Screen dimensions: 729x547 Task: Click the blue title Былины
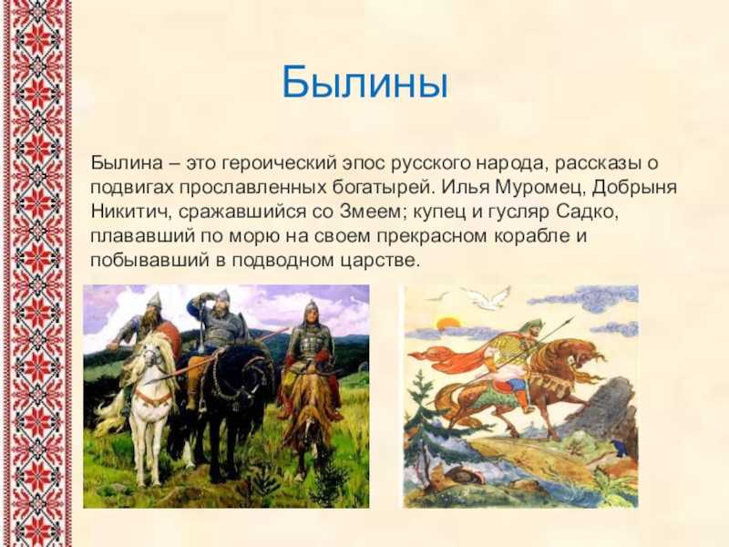click(x=365, y=83)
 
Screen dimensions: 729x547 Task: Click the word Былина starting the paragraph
click(x=127, y=163)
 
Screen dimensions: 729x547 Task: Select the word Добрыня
click(x=634, y=188)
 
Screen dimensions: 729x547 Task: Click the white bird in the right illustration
click(x=488, y=298)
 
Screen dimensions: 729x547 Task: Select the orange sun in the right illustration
click(x=448, y=323)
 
